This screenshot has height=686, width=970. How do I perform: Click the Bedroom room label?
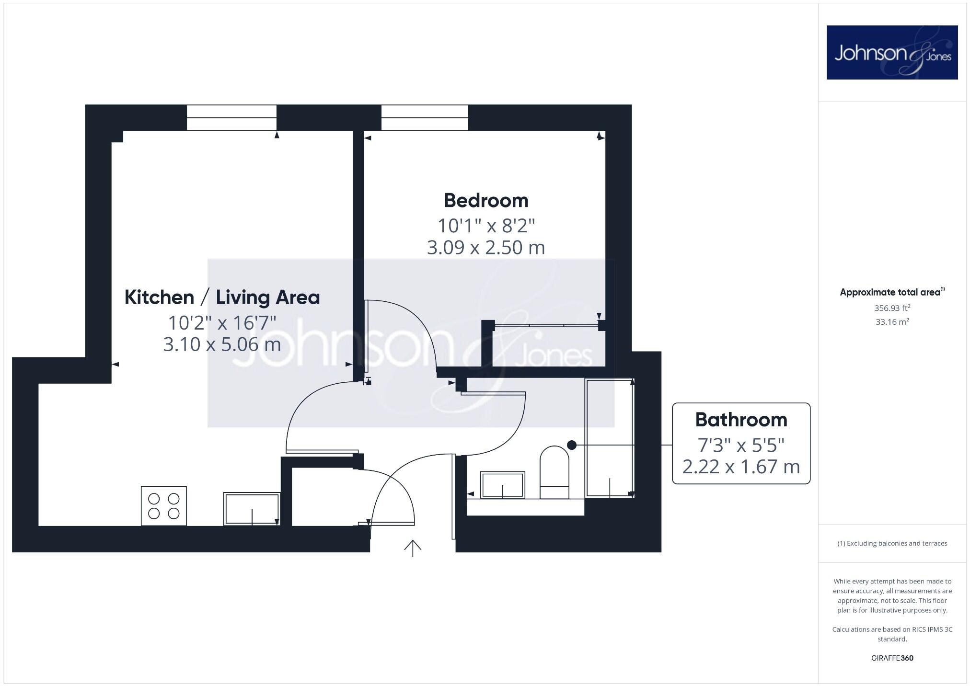coord(486,201)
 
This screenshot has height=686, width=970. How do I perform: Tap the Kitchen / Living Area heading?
coord(222,297)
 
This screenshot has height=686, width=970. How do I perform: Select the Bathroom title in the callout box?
coord(741,420)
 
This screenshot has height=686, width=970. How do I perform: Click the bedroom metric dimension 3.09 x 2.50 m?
coord(485,248)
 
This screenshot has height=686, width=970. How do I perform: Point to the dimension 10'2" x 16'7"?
coord(222,323)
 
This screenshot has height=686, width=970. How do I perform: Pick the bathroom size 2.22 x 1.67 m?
coord(741,467)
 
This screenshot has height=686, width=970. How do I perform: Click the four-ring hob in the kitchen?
coord(163,506)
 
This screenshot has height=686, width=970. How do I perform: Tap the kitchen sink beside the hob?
coord(252,509)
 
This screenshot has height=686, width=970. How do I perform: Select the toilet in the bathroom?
coord(554,472)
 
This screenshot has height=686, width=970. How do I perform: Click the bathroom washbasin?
coord(502,485)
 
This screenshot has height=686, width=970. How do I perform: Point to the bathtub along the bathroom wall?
coord(610,438)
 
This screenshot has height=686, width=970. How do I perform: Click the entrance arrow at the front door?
coord(413,548)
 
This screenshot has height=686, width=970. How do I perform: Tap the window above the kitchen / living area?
coord(231,117)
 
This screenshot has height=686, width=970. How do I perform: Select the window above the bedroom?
coord(425,117)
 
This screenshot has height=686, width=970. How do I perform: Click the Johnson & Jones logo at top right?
coord(892,53)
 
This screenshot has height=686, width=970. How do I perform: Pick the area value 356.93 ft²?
coord(892,309)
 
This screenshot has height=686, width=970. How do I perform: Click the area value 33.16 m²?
coord(892,322)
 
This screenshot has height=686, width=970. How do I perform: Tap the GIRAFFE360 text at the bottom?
coord(892,658)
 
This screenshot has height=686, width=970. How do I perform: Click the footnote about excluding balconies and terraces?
coord(892,543)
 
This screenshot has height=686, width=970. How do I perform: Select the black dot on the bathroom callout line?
coord(571,445)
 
